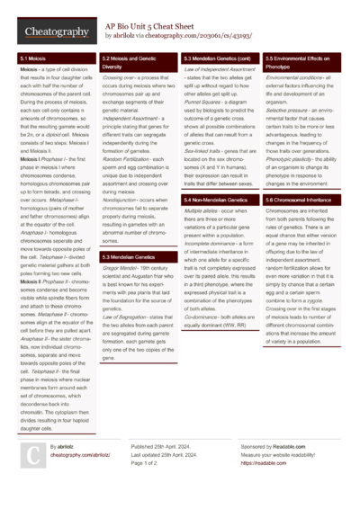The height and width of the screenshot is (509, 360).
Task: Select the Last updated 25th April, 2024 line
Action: (x=171, y=455)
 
